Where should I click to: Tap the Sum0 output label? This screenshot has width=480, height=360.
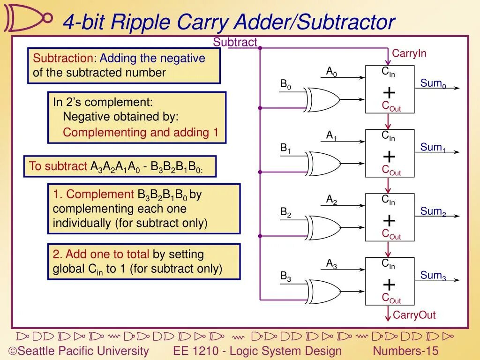tap(433, 84)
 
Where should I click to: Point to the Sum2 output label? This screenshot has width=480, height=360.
tap(433, 212)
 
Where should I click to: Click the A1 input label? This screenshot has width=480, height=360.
tap(331, 136)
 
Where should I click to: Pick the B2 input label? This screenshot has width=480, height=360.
tap(285, 213)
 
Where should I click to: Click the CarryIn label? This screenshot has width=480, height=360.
tap(409, 53)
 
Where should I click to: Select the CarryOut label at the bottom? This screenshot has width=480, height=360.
tap(414, 315)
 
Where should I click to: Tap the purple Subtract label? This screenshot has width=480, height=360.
tap(235, 42)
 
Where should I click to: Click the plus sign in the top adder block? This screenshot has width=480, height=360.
tap(389, 92)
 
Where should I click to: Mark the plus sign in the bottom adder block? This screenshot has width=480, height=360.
tap(389, 285)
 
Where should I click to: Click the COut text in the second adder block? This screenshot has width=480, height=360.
tap(391, 170)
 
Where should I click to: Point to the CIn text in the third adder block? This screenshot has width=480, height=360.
tap(388, 200)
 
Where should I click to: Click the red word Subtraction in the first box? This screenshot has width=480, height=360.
tap(63, 59)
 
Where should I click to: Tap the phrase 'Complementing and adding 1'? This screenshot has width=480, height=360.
tap(141, 133)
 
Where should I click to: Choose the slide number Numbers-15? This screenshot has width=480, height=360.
tap(405, 351)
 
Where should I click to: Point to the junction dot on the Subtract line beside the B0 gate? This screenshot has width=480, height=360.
tap(260, 108)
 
